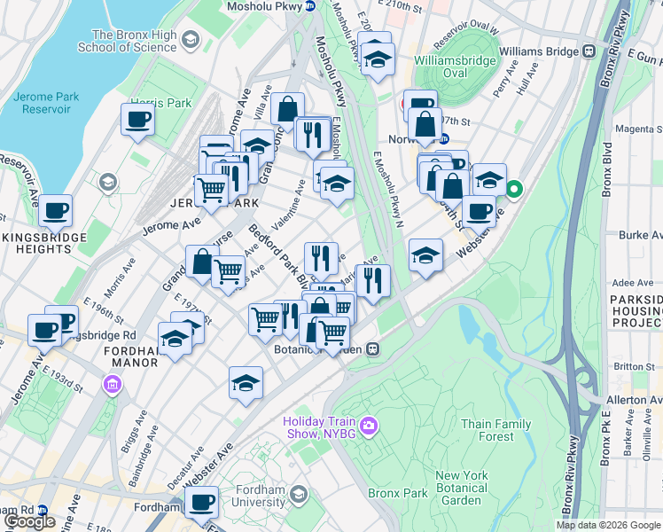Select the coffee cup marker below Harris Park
tap(137, 120)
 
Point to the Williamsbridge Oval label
tap(453, 67)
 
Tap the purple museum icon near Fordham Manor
tap(112, 385)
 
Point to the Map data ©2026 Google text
tap(608, 525)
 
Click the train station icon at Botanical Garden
tap(374, 349)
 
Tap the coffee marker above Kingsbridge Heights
tap(55, 211)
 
